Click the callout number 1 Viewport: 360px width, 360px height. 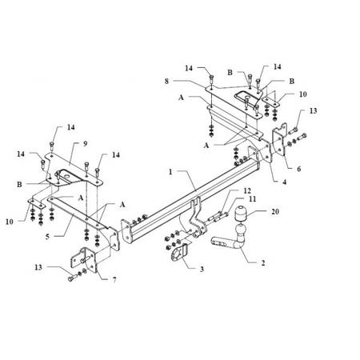(170, 172)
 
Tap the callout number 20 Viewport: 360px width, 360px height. (275, 211)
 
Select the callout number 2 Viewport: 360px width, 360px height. (263, 263)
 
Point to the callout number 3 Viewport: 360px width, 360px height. (202, 269)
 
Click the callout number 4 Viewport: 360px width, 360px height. (285, 182)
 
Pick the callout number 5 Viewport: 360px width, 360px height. (47, 237)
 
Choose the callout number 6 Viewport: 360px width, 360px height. (298, 169)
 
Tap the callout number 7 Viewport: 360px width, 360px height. (114, 280)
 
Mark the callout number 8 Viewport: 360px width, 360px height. (166, 81)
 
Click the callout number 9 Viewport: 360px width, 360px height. (85, 144)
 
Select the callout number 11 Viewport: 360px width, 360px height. (252, 199)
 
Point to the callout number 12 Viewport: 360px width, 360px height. (247, 190)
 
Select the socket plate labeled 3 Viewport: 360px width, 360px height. (179, 252)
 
